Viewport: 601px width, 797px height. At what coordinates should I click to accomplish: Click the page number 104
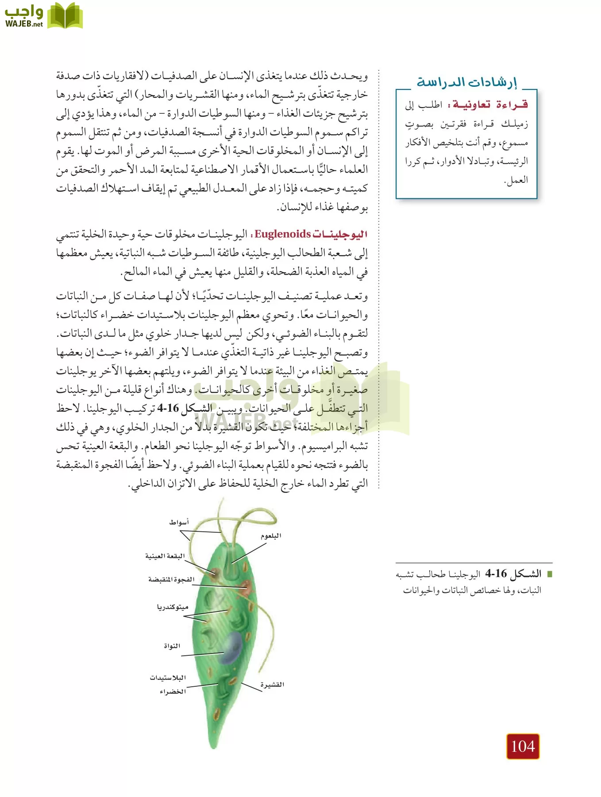(x=523, y=747)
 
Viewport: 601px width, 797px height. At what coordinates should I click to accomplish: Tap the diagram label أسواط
(x=179, y=522)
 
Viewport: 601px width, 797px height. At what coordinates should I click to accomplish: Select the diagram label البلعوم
(x=270, y=536)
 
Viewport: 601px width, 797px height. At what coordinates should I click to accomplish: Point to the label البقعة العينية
(x=165, y=556)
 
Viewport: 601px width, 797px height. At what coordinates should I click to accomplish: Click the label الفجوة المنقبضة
(x=171, y=580)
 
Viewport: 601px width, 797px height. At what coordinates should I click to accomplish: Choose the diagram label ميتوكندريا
(x=173, y=607)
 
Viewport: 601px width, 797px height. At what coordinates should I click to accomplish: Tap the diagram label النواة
(x=172, y=646)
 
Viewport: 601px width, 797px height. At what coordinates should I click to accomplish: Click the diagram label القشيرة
(x=272, y=685)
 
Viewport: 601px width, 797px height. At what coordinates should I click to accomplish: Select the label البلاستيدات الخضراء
(x=168, y=685)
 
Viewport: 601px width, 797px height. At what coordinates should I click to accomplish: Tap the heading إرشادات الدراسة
(x=466, y=82)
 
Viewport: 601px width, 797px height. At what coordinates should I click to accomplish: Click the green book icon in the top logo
(x=65, y=15)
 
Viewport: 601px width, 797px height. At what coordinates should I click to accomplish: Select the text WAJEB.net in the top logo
(x=24, y=24)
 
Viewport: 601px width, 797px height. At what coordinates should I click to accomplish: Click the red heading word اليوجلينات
(x=340, y=234)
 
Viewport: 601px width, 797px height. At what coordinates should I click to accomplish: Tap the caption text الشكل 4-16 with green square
(x=513, y=574)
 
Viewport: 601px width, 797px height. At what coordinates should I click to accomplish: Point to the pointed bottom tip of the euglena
(x=214, y=747)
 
